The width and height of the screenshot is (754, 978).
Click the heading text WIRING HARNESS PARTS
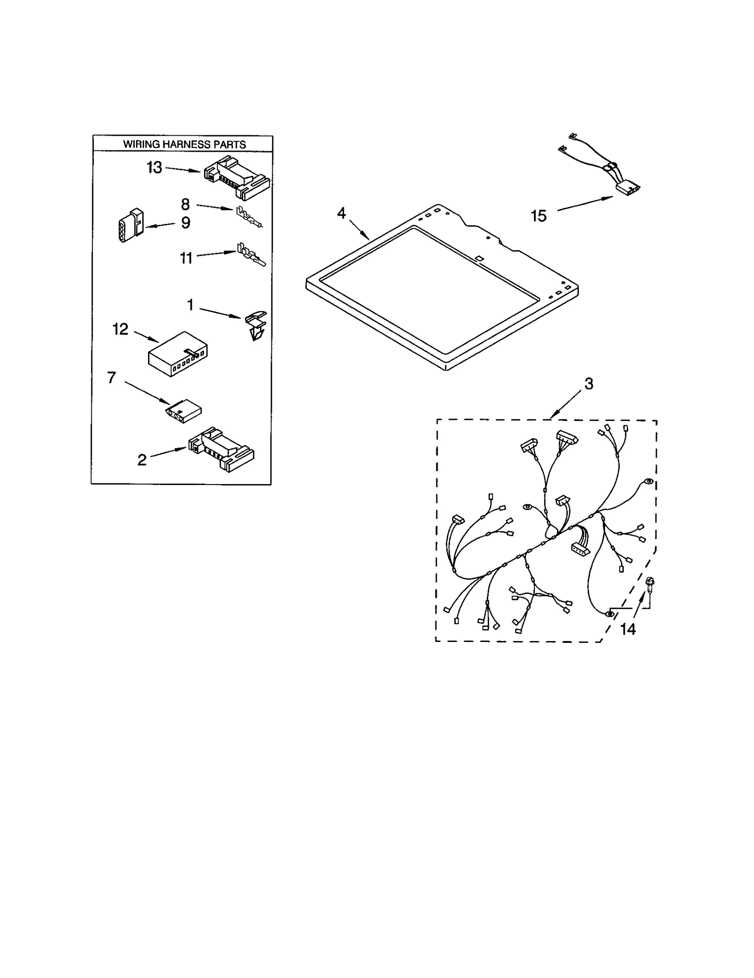click(184, 144)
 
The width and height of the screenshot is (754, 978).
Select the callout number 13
click(154, 167)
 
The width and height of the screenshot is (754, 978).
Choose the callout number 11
click(186, 258)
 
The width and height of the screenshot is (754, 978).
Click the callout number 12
click(120, 329)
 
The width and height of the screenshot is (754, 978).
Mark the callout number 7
click(111, 377)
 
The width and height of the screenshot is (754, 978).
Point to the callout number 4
click(341, 213)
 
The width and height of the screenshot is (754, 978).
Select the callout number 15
click(538, 216)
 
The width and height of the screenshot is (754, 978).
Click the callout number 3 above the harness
click(589, 384)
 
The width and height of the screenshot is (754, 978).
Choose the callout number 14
click(628, 629)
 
